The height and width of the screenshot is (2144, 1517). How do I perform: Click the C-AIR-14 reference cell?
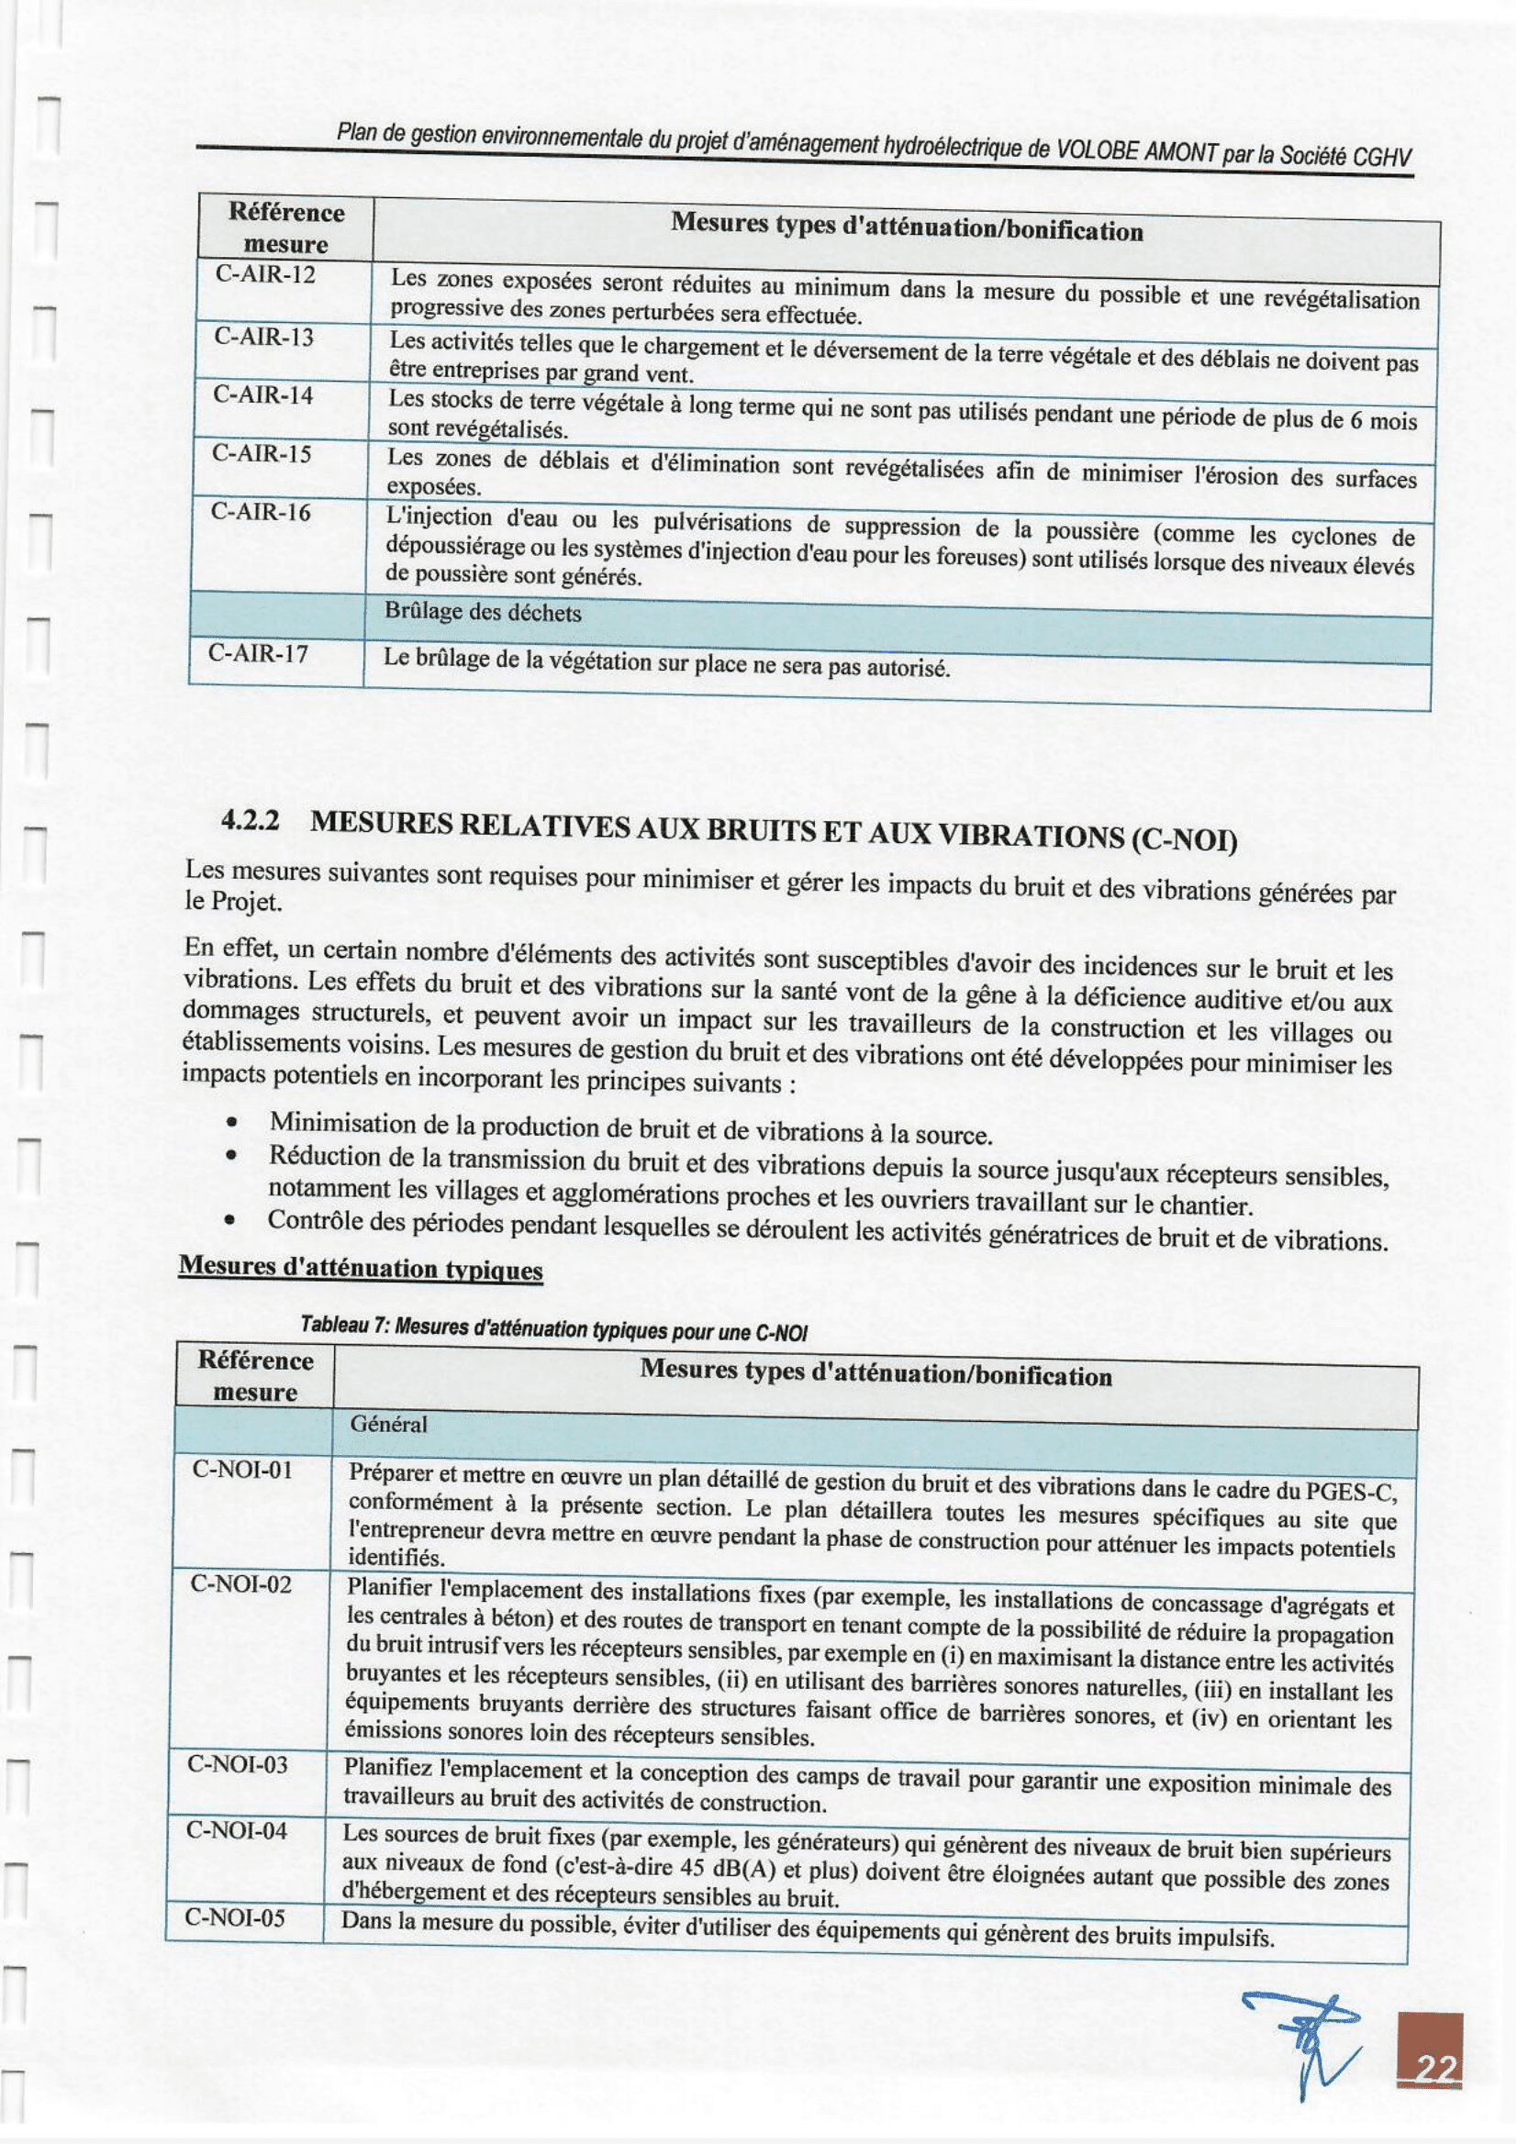(262, 395)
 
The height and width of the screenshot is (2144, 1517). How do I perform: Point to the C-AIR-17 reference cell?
(259, 653)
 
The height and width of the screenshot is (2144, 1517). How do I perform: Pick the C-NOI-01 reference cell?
(242, 1470)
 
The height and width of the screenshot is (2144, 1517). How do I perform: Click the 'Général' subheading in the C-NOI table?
(388, 1424)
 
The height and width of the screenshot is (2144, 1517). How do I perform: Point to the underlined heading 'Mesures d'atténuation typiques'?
(361, 1268)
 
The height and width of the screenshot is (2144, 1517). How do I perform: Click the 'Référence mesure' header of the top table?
(285, 228)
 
